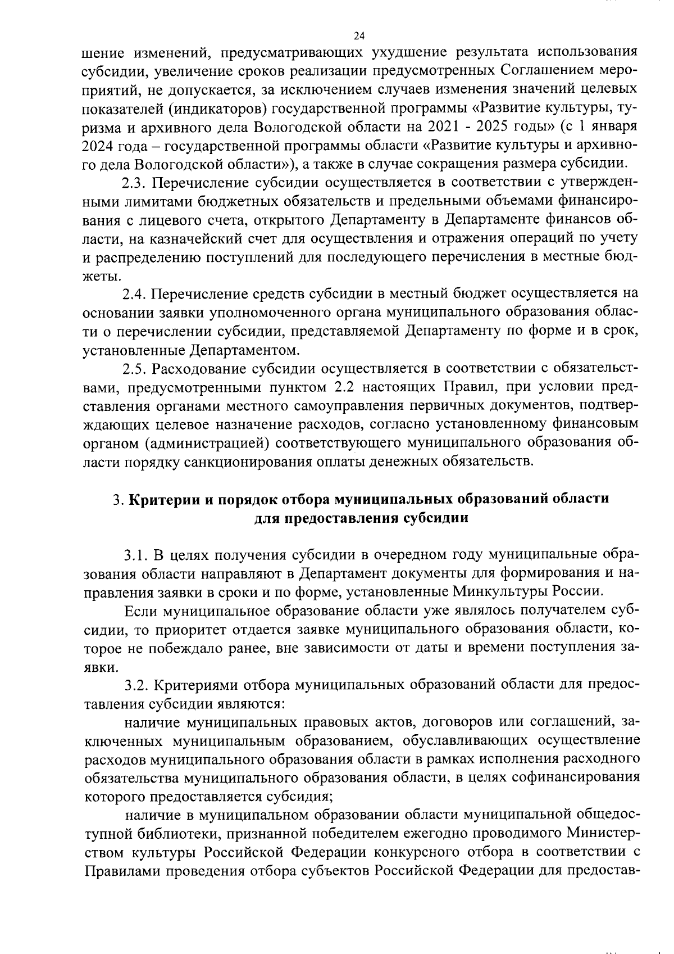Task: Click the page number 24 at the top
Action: tap(359, 35)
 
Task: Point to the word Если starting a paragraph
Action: tap(140, 611)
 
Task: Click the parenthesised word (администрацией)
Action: tap(205, 443)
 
